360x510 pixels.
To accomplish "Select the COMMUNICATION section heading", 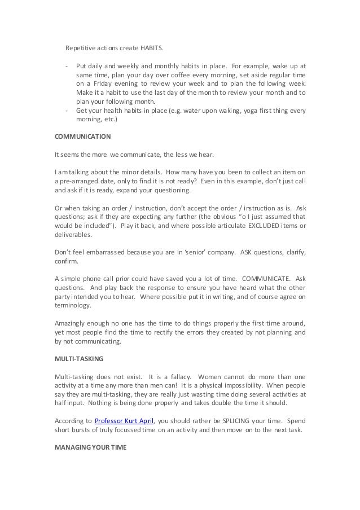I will tap(82, 137).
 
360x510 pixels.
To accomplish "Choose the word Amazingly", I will tap(72, 323).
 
